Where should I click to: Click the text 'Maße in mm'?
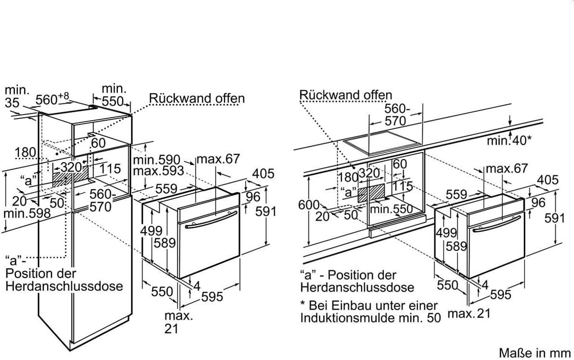click(x=535, y=353)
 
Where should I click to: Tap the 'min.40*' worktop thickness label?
click(x=509, y=140)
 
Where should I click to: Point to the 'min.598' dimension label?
click(x=27, y=213)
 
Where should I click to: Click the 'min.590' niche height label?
click(x=157, y=160)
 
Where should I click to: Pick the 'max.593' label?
click(x=158, y=171)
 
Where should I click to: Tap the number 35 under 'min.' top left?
click(x=12, y=103)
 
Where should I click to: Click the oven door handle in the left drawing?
click(x=210, y=220)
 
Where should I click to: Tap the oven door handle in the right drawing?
click(x=496, y=223)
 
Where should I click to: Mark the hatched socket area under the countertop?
click(x=372, y=193)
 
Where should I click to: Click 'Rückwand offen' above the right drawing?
click(x=346, y=95)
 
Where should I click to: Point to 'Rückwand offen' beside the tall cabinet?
click(x=196, y=98)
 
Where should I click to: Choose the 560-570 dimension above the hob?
click(x=395, y=114)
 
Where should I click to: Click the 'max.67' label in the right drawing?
click(x=506, y=168)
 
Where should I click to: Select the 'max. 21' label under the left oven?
click(x=178, y=322)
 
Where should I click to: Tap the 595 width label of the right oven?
click(x=501, y=294)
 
